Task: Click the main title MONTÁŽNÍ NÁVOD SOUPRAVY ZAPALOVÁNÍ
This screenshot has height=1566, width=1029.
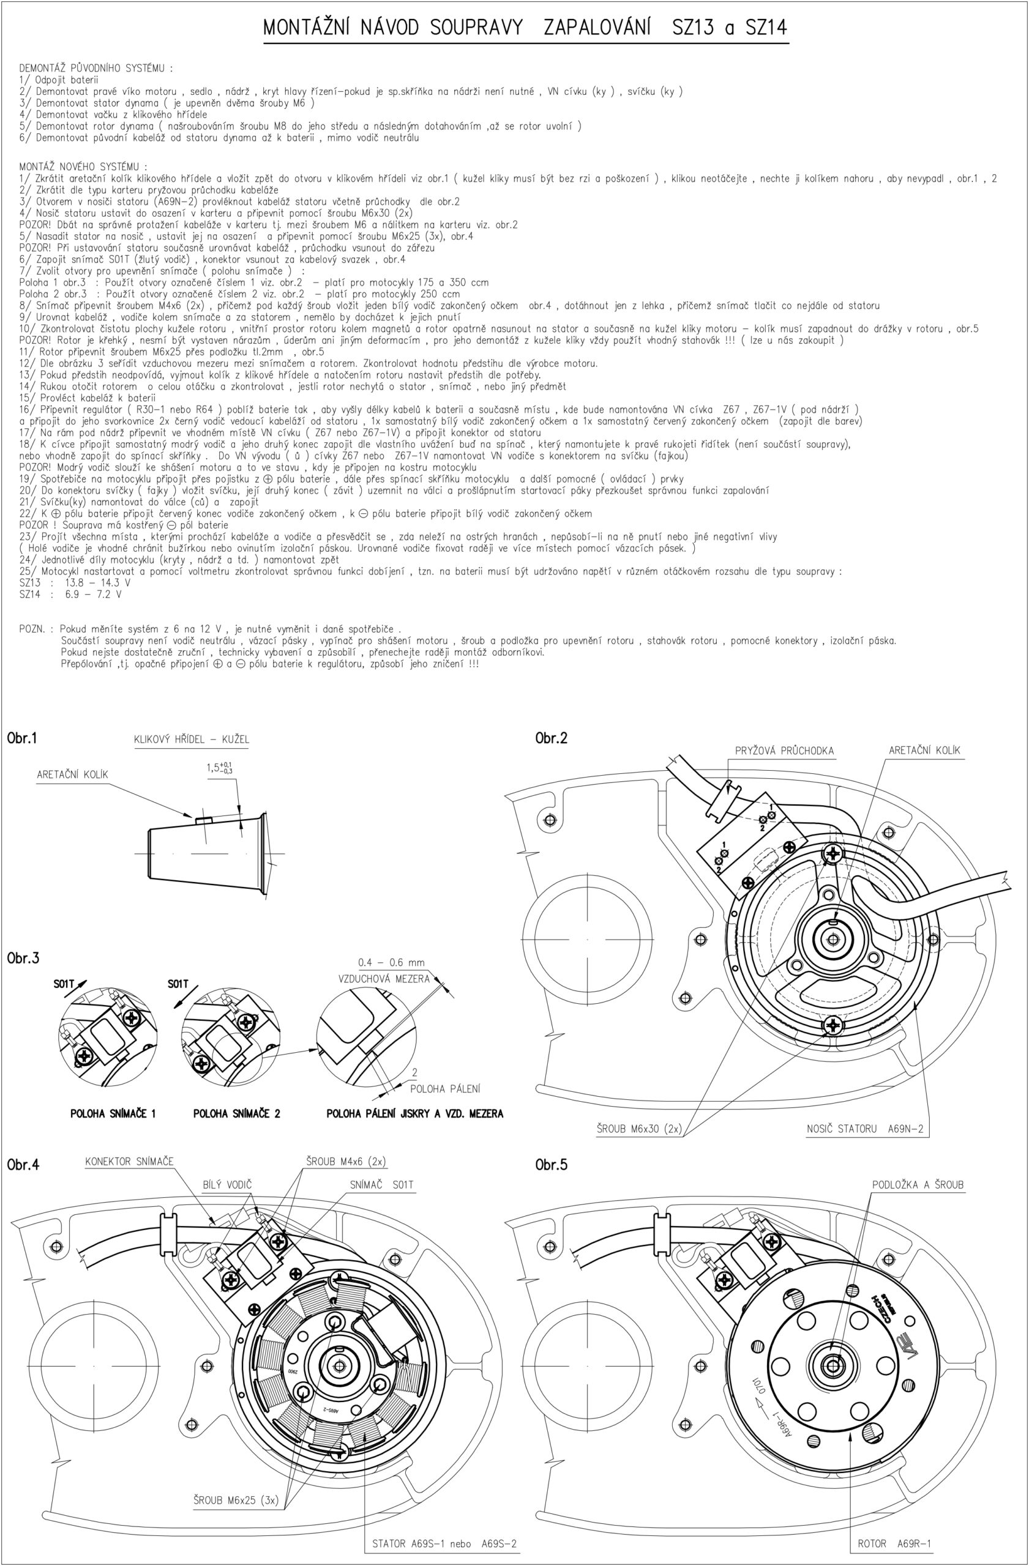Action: coord(525,28)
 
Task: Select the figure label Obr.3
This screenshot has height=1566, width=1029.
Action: coord(23,958)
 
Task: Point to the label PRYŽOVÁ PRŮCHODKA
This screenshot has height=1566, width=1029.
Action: coord(784,751)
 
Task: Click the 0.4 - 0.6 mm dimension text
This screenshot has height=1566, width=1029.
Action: coord(391,963)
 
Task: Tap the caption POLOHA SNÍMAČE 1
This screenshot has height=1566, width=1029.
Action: coord(113,1113)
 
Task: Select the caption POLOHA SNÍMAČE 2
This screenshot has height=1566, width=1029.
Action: coord(236,1113)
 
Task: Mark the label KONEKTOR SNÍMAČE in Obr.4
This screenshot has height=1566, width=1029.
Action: coord(129,1161)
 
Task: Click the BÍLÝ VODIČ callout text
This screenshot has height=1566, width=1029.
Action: coord(227,1185)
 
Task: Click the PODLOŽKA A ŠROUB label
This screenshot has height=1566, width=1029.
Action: coord(918,1185)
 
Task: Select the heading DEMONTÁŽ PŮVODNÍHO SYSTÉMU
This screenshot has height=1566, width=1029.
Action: coord(96,68)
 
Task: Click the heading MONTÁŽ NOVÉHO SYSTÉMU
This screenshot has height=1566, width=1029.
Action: coord(83,166)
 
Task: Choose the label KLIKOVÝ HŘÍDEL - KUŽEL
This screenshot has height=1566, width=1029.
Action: coord(192,740)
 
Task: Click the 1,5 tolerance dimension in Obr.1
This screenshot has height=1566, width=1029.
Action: coord(219,767)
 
